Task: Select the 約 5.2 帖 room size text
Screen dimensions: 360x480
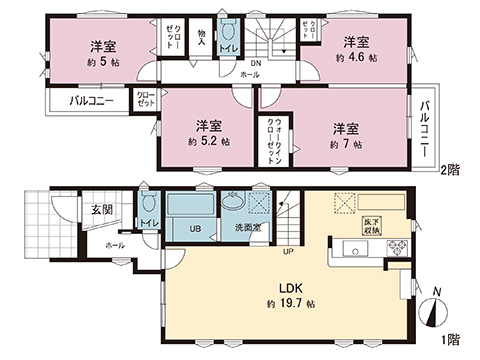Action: [211, 142]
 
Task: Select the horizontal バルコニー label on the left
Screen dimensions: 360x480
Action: [91, 101]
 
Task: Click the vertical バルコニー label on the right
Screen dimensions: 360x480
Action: [424, 129]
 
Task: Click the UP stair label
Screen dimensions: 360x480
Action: [286, 250]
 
